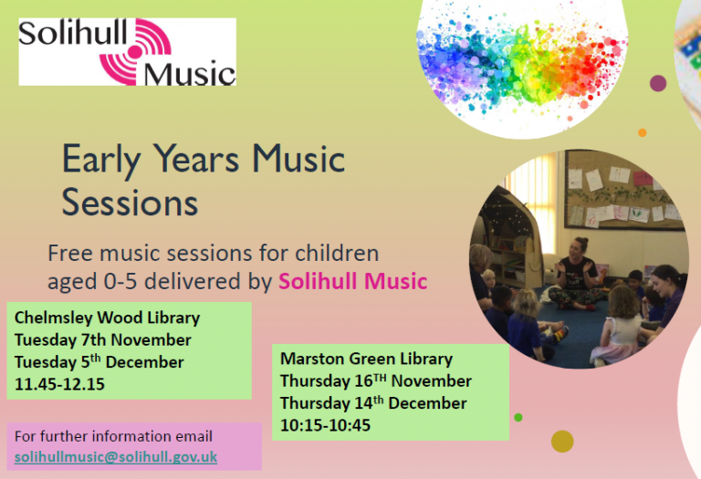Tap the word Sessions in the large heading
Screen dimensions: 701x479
click(130, 203)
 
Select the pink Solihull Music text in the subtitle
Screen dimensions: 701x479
click(352, 282)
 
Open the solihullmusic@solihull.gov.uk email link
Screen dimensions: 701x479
click(116, 457)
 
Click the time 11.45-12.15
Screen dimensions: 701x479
click(59, 384)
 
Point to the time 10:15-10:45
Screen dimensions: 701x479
click(325, 425)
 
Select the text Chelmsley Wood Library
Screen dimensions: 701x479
click(108, 318)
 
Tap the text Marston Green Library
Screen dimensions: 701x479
click(366, 359)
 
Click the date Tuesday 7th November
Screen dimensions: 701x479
click(103, 340)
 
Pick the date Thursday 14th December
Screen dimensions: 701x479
click(373, 403)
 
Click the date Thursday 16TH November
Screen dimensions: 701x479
click(376, 380)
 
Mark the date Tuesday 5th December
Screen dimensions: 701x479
click(99, 362)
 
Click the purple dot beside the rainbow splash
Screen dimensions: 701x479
click(657, 83)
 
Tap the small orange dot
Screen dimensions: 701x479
click(642, 132)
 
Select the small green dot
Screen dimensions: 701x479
click(518, 417)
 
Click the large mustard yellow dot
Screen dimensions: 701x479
click(562, 442)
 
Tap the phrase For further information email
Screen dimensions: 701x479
click(113, 436)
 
